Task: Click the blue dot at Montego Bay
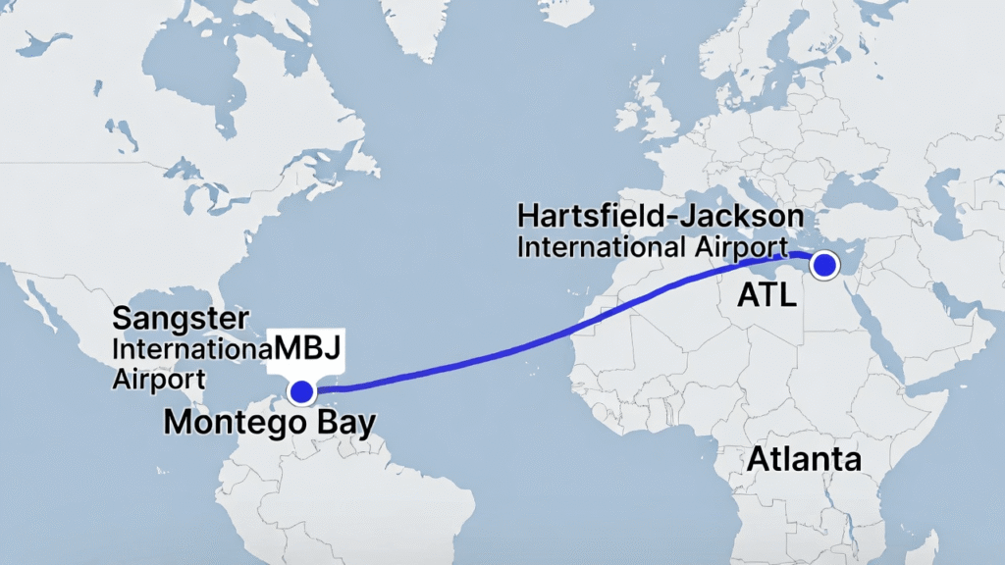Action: point(301,392)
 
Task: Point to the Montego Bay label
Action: point(269,424)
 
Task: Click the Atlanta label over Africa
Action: point(804,459)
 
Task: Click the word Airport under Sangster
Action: point(159,379)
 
